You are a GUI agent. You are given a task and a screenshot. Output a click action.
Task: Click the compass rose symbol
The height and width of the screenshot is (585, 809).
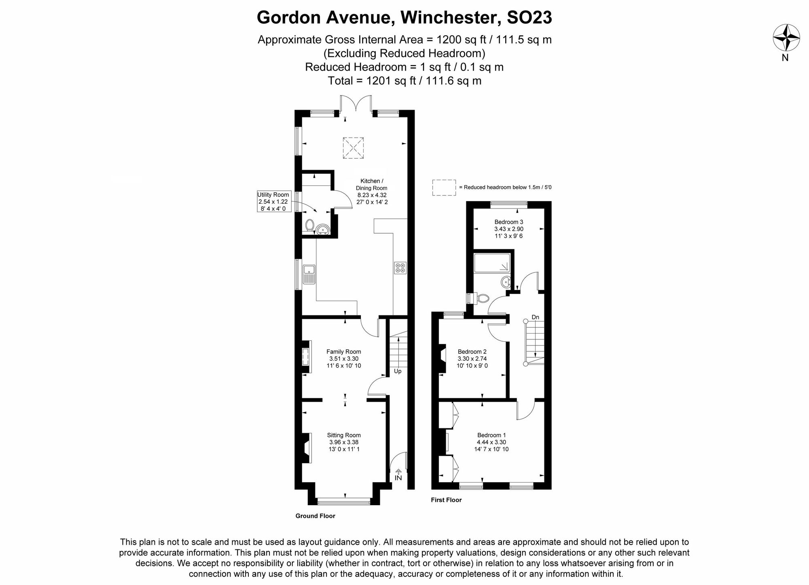tap(786, 38)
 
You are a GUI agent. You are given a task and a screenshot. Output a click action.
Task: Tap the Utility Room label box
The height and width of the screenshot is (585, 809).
tap(273, 202)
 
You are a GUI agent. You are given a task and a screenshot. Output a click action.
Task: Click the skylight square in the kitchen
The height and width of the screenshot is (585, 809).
tap(353, 148)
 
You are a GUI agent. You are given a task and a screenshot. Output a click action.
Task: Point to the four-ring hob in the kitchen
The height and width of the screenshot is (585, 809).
tap(400, 268)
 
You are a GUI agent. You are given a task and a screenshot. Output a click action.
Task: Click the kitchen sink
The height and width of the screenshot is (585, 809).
tap(309, 274)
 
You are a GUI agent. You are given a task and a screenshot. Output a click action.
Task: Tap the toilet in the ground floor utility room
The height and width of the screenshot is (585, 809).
tap(310, 225)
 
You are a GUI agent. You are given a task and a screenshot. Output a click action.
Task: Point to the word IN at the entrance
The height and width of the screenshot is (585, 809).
tap(398, 478)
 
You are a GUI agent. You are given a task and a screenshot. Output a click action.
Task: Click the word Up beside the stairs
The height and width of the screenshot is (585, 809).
tap(398, 371)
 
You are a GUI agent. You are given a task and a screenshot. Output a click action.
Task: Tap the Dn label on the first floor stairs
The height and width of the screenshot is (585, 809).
tap(535, 317)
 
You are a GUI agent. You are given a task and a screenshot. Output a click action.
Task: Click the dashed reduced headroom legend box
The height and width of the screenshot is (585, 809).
tap(444, 187)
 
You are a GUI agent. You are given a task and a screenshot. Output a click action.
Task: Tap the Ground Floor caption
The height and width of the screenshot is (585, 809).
tap(315, 516)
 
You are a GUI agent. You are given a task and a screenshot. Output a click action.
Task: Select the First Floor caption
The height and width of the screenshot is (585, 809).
tap(446, 500)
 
